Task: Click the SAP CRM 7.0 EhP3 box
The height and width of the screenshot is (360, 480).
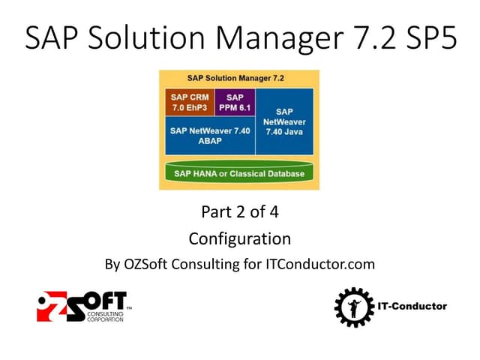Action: tap(190, 103)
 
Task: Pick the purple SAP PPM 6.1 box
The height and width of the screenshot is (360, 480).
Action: tap(234, 103)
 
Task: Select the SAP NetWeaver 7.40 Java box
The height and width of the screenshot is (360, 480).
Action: tap(283, 121)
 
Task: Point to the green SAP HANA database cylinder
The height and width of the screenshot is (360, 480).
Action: tap(239, 174)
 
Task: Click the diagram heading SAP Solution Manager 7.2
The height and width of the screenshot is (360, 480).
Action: tap(239, 78)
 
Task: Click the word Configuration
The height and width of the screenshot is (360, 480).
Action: tap(239, 239)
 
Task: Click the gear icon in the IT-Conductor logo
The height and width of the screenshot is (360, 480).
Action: tap(350, 306)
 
